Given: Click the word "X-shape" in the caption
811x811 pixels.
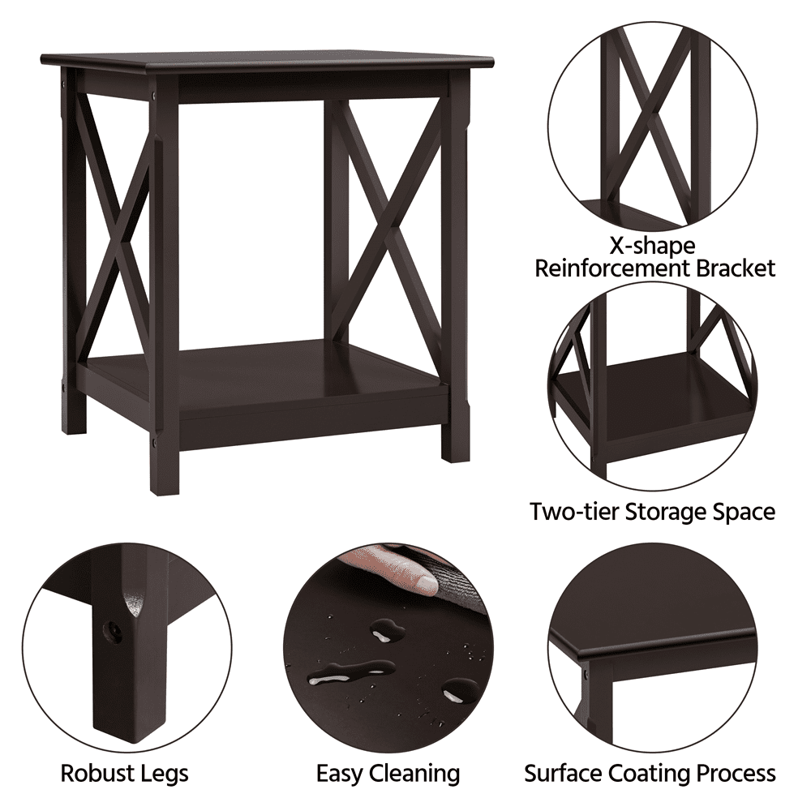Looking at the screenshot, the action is (x=653, y=246).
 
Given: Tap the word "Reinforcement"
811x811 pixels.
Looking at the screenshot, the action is (x=611, y=269).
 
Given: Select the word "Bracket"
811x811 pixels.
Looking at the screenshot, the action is (x=736, y=269).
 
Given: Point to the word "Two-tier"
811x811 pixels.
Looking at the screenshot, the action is (x=575, y=512).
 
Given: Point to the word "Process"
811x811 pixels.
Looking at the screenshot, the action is (x=736, y=774).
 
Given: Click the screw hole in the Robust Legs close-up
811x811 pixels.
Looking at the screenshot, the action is (x=113, y=632).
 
